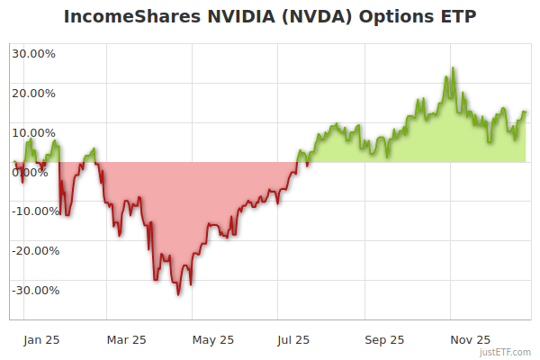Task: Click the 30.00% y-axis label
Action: pyautogui.click(x=33, y=53)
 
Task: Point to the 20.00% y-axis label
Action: pyautogui.click(x=33, y=93)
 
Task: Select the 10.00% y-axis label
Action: pyautogui.click(x=33, y=132)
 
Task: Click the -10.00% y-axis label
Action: pyautogui.click(x=35, y=211)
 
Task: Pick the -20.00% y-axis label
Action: pyautogui.click(x=35, y=251)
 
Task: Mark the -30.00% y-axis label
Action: pyautogui.click(x=35, y=291)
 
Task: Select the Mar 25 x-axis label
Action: pyautogui.click(x=126, y=340)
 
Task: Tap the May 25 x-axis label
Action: pyautogui.click(x=213, y=340)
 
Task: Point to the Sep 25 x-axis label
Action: pyautogui.click(x=384, y=340)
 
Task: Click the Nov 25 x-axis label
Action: pyautogui.click(x=470, y=340)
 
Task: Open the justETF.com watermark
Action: pyautogui.click(x=507, y=352)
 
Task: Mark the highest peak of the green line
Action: pyautogui.click(x=453, y=67)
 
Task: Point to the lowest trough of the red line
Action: pyautogui.click(x=178, y=294)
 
